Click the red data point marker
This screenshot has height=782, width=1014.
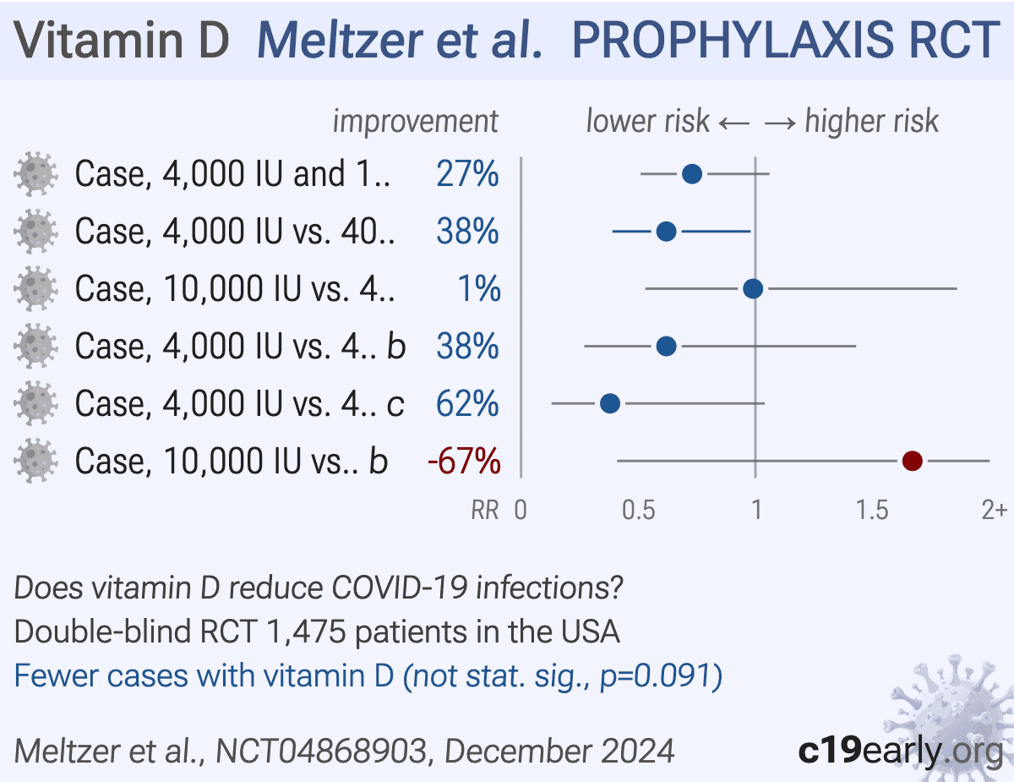(912, 461)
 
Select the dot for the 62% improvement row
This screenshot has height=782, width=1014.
(609, 404)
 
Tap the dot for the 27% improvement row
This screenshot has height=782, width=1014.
(691, 174)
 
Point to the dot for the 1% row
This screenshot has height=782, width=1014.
(753, 289)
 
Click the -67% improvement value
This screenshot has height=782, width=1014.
(464, 462)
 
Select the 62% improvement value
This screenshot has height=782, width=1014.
(467, 405)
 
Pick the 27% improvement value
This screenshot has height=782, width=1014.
(467, 175)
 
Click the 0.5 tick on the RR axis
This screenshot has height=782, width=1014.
(638, 511)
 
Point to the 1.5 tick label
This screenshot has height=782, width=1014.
(872, 511)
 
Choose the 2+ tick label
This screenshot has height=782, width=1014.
(994, 511)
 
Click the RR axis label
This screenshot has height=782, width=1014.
(485, 511)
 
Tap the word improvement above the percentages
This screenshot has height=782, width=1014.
(415, 122)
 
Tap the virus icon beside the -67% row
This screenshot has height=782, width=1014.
(35, 462)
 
